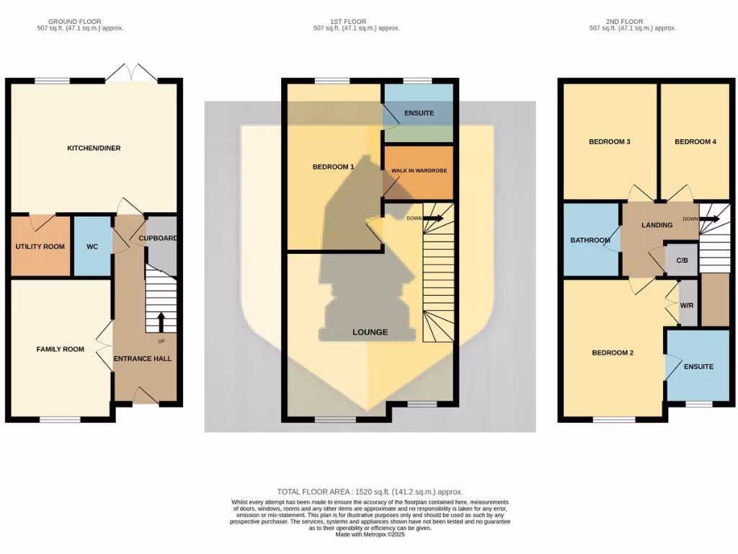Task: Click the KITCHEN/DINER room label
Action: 94,148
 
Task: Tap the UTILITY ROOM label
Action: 40,247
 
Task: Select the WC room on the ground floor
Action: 92,247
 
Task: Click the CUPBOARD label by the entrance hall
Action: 158,238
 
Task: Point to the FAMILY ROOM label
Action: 61,349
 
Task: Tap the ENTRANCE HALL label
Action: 143,358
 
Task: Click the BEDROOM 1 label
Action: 333,167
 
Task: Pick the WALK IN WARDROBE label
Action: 419,171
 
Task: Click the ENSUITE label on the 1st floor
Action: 419,113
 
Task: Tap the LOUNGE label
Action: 370,332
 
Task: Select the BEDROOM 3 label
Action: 610,141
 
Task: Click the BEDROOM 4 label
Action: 695,141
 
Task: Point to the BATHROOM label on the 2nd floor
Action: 590,240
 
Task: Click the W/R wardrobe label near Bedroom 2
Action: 688,305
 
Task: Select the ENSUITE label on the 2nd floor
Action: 698,366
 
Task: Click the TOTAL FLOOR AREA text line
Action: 370,491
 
